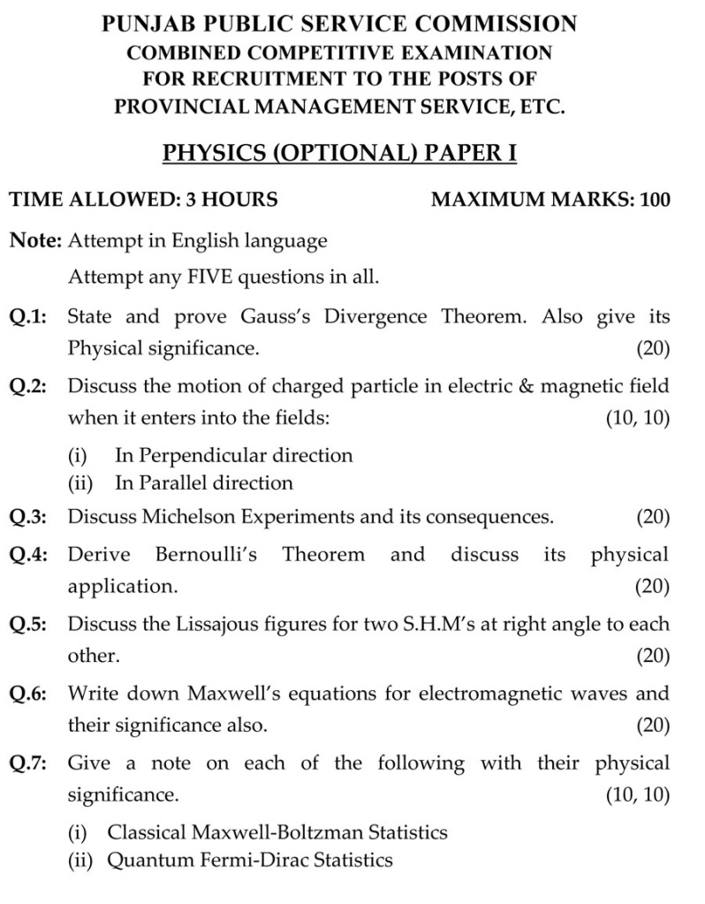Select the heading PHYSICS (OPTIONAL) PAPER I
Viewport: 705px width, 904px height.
click(339, 154)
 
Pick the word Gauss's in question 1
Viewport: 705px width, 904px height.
click(277, 316)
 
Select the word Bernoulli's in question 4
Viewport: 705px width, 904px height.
click(206, 555)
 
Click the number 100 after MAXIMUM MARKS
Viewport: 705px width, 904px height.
click(655, 200)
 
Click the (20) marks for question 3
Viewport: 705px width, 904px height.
click(652, 516)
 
